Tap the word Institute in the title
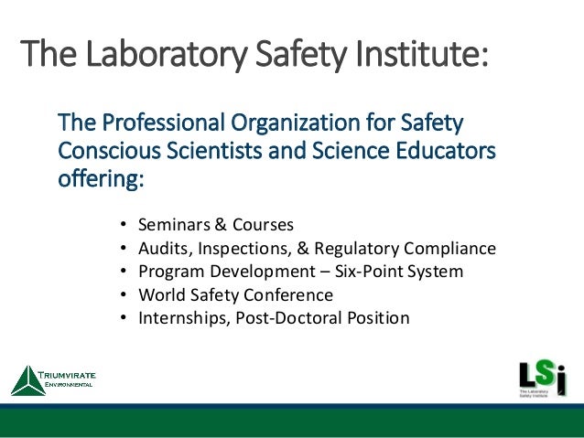(x=413, y=57)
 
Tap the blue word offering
(x=101, y=174)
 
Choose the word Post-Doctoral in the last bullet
(x=284, y=319)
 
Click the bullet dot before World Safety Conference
(x=124, y=295)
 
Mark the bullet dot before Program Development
(x=124, y=272)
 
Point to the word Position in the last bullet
(x=376, y=319)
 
